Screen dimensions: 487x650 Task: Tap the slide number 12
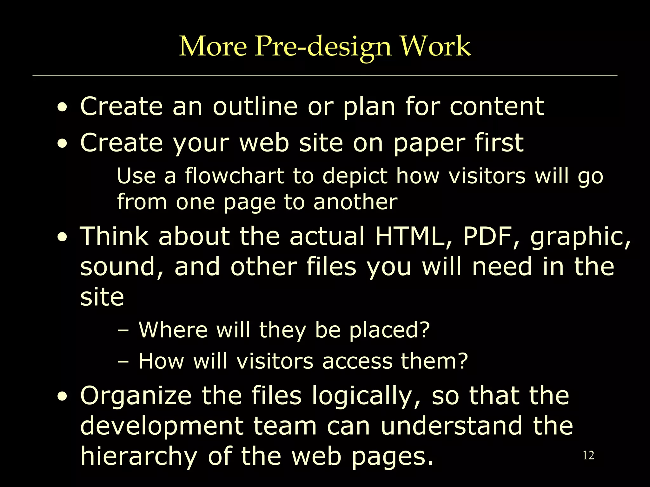tap(588, 456)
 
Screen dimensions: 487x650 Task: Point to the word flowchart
tap(235, 176)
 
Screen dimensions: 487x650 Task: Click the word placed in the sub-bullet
tap(389, 330)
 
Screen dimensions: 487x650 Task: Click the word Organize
tap(136, 396)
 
